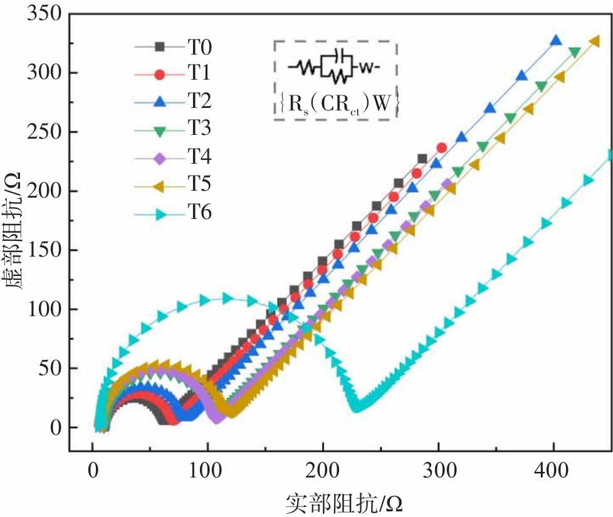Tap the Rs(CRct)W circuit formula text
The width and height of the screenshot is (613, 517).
336,105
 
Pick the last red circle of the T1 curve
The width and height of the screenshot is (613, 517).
441,148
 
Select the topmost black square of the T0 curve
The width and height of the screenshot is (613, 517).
422,159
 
